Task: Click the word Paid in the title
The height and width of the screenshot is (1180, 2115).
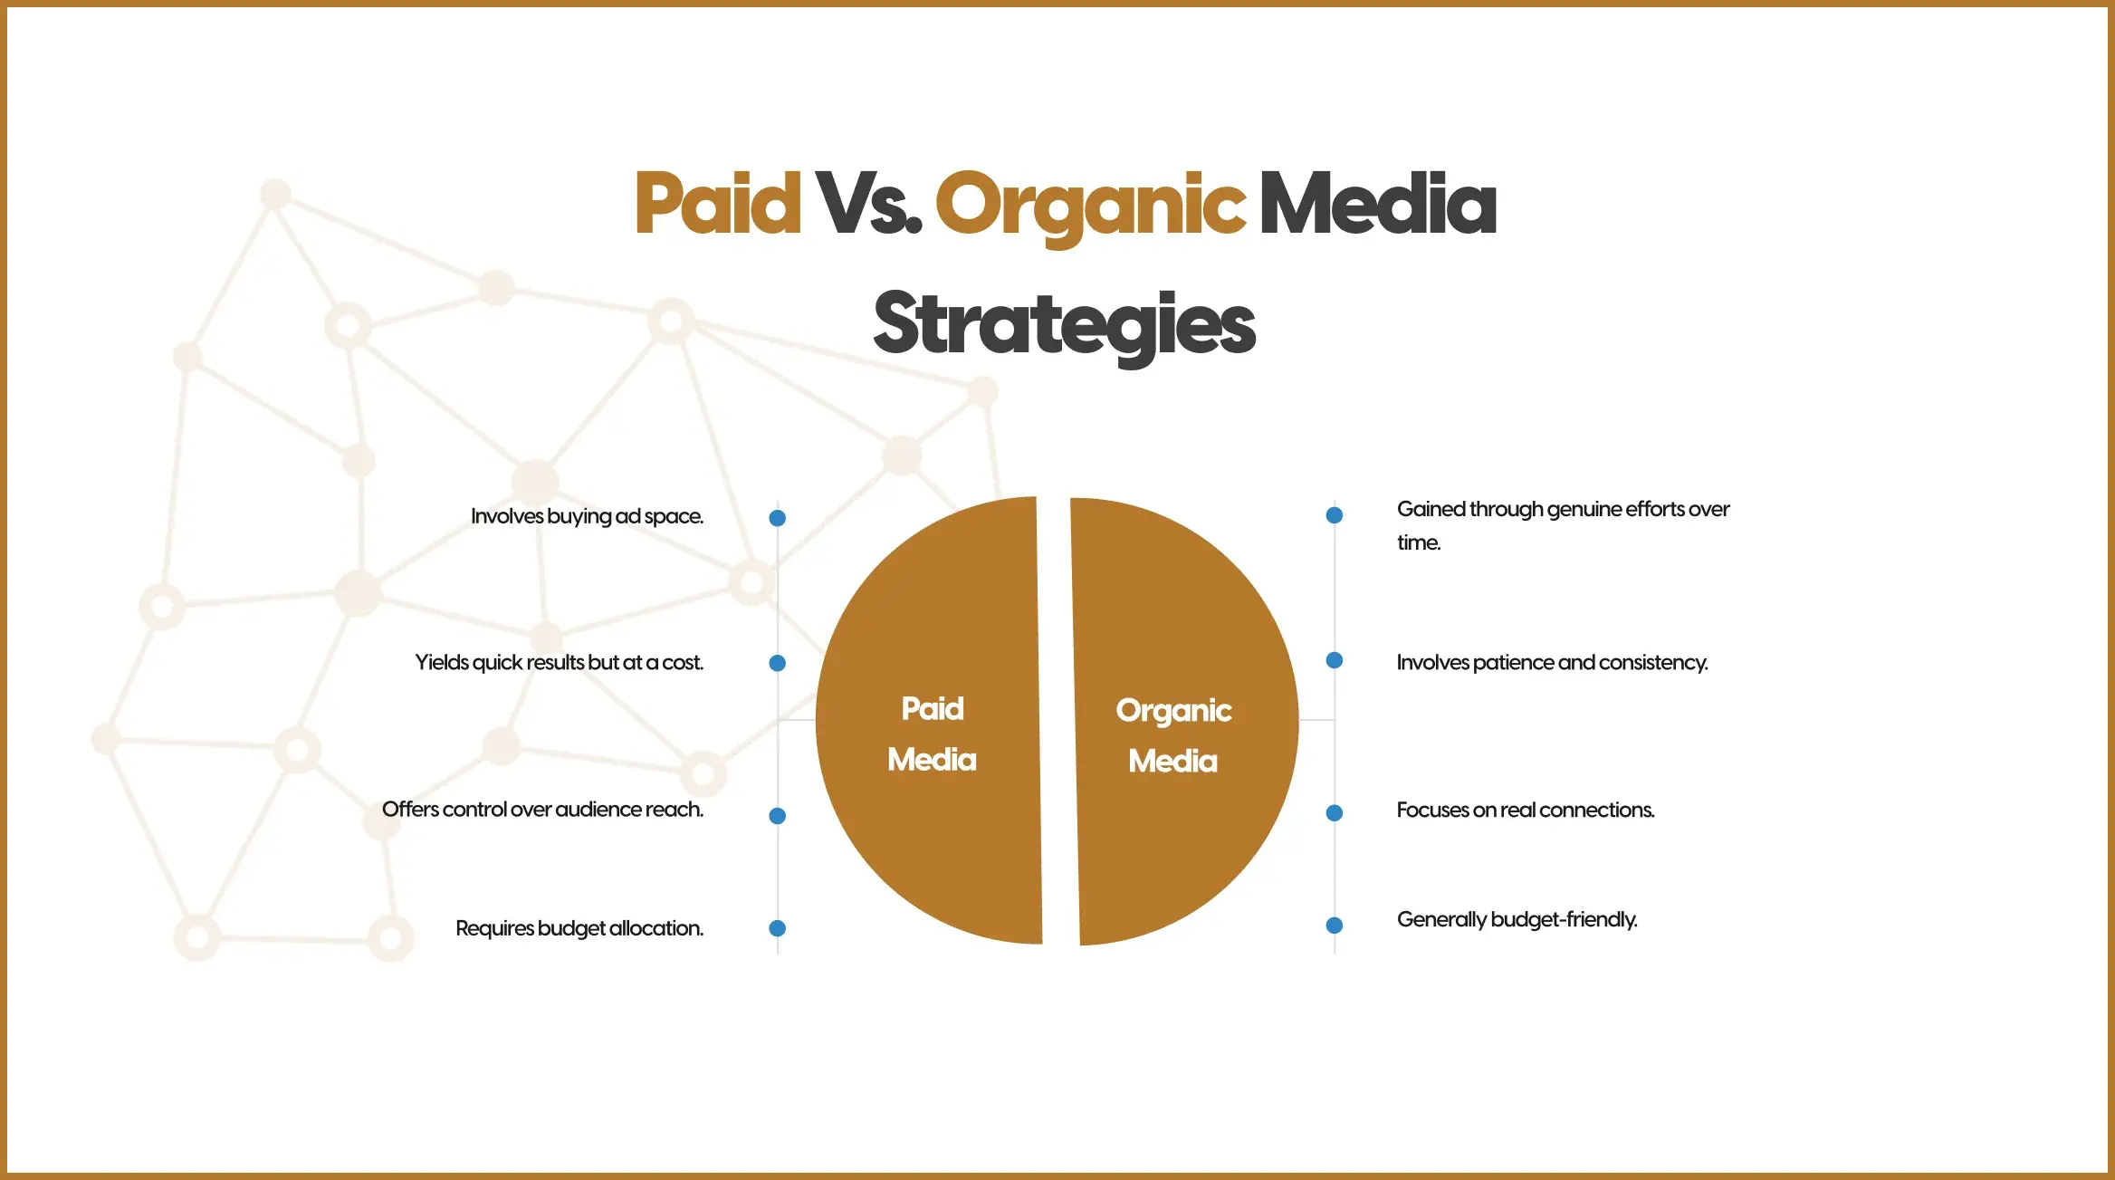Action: point(718,204)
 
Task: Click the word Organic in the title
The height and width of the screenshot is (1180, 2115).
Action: point(1090,209)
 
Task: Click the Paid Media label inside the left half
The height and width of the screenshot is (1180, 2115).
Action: point(933,734)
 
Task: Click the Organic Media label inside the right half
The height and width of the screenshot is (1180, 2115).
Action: point(1173,735)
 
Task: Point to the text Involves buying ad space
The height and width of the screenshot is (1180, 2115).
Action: point(587,517)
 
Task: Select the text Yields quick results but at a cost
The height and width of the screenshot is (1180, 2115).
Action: point(559,663)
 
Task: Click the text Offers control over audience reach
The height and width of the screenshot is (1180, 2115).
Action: point(542,809)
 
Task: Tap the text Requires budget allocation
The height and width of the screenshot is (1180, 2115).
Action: point(579,929)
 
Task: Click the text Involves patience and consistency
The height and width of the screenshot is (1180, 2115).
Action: point(1552,663)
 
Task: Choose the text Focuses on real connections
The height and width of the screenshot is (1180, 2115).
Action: point(1526,810)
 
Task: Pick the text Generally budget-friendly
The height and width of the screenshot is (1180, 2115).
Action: point(1517,920)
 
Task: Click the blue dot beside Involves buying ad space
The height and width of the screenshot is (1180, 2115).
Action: point(777,518)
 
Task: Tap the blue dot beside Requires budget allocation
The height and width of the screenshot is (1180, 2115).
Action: point(777,928)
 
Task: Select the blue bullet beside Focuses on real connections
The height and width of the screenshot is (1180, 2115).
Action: point(1334,813)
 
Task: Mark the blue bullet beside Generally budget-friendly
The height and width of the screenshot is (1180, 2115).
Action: point(1334,926)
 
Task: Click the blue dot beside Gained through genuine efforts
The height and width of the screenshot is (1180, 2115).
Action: point(1334,515)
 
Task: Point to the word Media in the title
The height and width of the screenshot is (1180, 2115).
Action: point(1378,204)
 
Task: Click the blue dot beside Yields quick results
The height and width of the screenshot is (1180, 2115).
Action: point(777,663)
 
